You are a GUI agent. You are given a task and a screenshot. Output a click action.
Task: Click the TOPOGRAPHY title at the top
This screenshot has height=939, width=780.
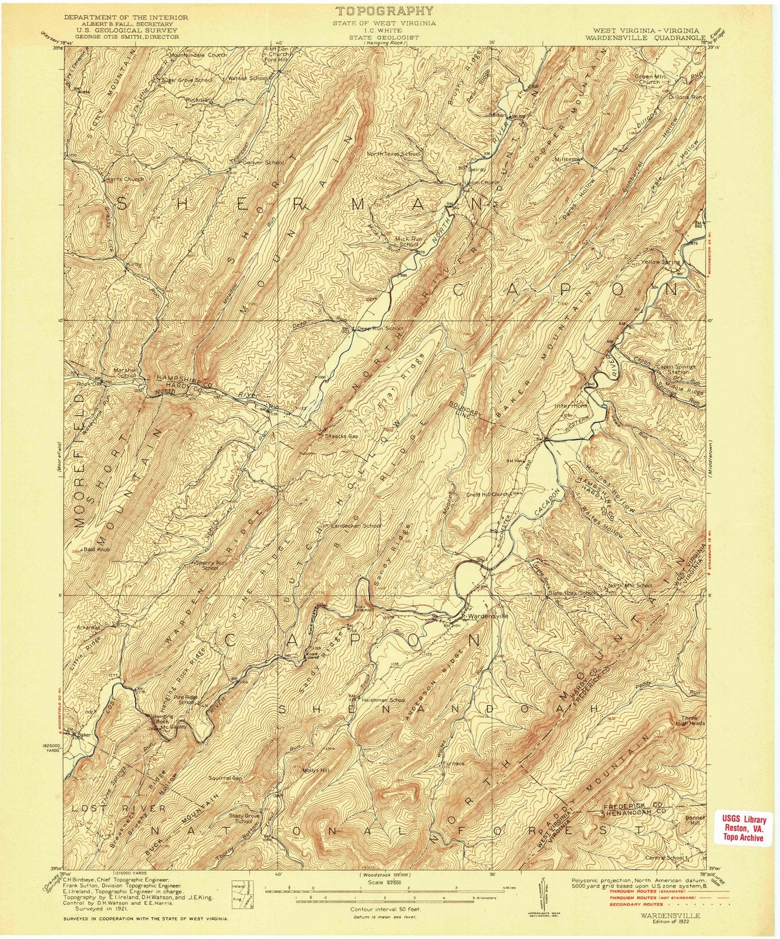coord(385,11)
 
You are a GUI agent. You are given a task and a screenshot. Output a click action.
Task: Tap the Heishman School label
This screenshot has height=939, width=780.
coord(384,700)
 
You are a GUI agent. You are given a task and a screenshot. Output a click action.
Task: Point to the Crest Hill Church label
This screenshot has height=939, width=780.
coord(487,494)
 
